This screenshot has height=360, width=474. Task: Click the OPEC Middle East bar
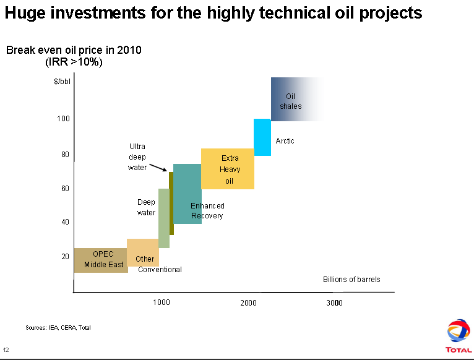(x=100, y=260)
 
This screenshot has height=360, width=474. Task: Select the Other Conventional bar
(x=142, y=252)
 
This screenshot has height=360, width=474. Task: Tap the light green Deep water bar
(x=163, y=218)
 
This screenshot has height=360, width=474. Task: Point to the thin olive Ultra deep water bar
(x=171, y=204)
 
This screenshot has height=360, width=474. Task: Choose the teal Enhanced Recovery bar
(x=187, y=194)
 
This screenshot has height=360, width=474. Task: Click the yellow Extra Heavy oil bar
(x=227, y=168)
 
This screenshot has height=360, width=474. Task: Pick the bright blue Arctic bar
(x=262, y=137)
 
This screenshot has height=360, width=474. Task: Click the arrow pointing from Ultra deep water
(x=158, y=166)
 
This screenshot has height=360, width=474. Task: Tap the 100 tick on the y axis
(x=64, y=118)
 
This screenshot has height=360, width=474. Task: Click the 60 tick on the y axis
(x=64, y=189)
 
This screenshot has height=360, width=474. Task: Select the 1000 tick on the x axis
(x=161, y=302)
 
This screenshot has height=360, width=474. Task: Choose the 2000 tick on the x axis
(x=248, y=302)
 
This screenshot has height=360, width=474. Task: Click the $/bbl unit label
(x=62, y=81)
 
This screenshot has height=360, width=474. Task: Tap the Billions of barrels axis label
(x=351, y=280)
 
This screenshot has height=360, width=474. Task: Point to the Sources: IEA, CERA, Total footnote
(x=58, y=327)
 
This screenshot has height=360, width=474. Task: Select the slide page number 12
(x=6, y=349)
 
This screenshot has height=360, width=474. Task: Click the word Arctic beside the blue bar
(x=285, y=141)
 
